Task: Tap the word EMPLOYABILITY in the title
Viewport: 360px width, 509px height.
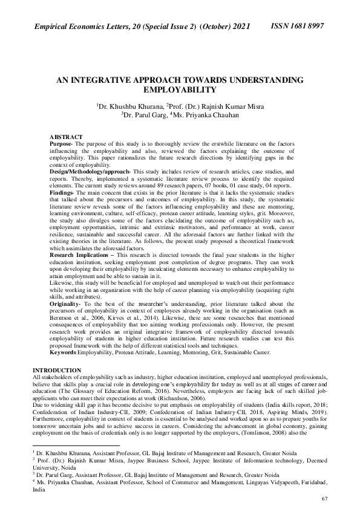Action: [x=179, y=89]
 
